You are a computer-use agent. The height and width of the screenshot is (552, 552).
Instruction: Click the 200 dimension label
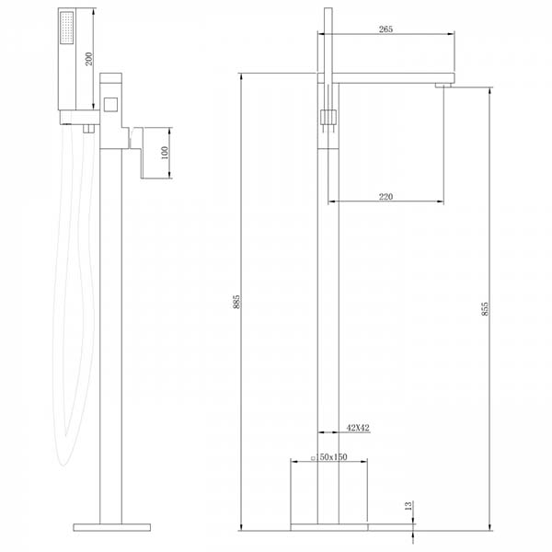89,59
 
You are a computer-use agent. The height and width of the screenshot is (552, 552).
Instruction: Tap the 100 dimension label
165,153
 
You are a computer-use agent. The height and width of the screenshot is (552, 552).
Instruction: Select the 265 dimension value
385,29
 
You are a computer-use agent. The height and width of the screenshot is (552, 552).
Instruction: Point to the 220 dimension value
385,197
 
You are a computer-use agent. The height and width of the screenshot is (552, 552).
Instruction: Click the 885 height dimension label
236,302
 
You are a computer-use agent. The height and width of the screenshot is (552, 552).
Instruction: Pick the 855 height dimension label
485,309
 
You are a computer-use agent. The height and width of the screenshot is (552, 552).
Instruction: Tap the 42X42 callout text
358,428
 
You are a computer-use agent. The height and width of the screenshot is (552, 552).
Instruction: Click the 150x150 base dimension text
330,457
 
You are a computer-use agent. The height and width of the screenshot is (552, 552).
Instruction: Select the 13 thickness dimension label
408,506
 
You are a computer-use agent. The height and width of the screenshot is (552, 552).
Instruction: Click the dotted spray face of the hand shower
67,28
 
